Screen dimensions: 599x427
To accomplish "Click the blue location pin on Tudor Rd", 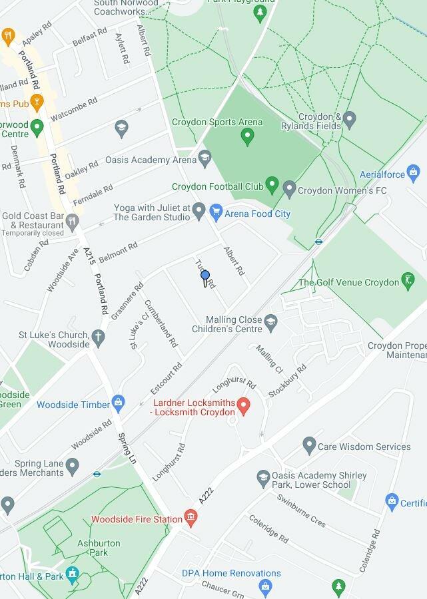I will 205,276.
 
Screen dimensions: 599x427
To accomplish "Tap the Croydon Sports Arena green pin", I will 247,137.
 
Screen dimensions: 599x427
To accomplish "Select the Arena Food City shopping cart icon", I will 215,213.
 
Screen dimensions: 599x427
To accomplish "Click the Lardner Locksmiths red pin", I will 244,404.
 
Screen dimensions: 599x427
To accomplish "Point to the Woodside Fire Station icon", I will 191,517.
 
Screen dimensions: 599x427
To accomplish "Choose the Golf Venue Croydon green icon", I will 408,281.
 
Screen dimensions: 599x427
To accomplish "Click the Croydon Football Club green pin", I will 271,184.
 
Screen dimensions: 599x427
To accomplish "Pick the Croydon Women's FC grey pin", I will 289,189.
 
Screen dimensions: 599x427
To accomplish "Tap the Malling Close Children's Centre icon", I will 270,323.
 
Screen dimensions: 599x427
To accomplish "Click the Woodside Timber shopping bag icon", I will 119,403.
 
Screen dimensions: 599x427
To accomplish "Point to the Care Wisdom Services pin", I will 308,445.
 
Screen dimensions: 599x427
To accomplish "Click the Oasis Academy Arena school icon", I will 205,158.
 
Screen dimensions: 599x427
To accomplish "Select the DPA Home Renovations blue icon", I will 266,586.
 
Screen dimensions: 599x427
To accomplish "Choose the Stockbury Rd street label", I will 287,381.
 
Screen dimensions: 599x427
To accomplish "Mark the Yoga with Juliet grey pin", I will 199,211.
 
